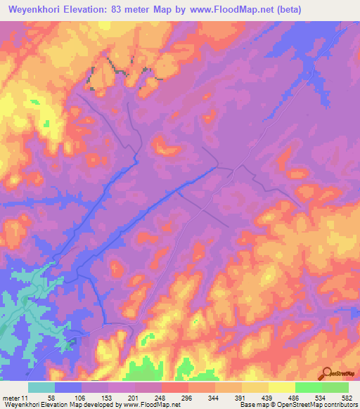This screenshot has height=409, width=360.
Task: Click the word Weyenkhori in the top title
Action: [x=34, y=9]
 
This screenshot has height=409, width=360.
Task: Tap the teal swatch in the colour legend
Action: [x=41, y=387]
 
